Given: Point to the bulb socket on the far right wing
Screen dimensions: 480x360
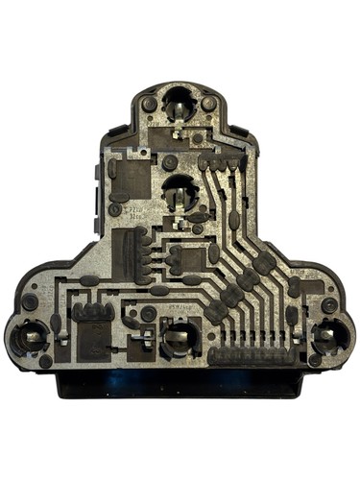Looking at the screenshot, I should pyautogui.click(x=329, y=336).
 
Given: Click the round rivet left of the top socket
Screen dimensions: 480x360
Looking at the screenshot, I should pyautogui.click(x=149, y=103).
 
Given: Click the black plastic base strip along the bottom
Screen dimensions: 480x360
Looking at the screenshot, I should pyautogui.click(x=180, y=385).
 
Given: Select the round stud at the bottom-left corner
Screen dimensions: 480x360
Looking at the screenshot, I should pyautogui.click(x=45, y=361).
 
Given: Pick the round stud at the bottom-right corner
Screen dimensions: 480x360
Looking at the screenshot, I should pyautogui.click(x=314, y=360).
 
